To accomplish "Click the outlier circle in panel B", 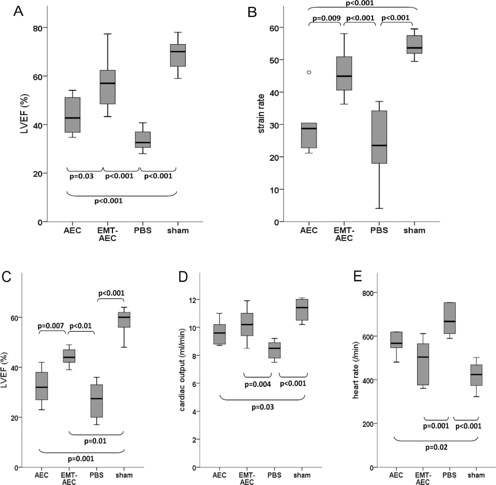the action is point(309,72).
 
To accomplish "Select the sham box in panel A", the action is point(178,56).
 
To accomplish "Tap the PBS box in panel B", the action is point(379,137).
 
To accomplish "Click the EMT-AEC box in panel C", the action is point(69,356).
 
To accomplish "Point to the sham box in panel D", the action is point(302,309).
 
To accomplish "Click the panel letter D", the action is point(183,277).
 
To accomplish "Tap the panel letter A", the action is point(18,11).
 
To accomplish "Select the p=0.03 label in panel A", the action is point(82,177).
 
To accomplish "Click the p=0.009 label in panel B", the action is point(327,18).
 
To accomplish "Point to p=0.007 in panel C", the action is point(51,326).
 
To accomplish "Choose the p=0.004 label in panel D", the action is point(258,385).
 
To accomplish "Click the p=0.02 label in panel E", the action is point(436,447).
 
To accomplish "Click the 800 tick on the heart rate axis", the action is point(368,293).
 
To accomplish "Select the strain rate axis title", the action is point(261,114).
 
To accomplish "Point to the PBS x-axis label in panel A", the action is point(143,231).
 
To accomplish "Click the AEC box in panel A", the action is point(72,115).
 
